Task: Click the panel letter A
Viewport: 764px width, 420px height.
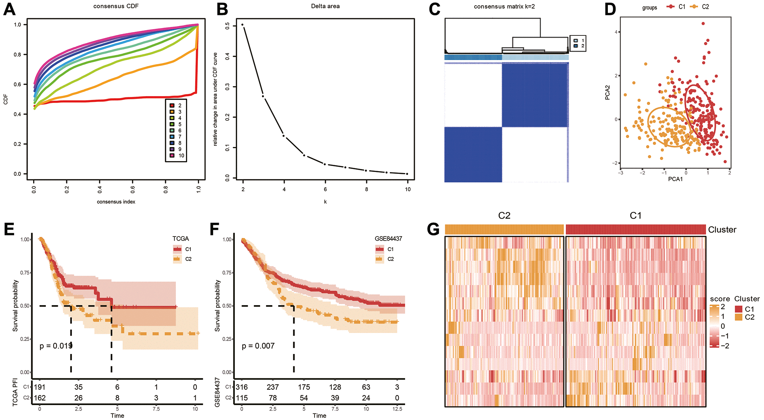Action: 9,9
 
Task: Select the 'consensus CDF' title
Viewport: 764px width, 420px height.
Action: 116,6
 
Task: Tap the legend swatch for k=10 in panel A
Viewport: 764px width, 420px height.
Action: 172,156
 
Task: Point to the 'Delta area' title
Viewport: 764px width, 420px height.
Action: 325,6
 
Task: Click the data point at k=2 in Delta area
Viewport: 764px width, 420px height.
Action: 243,25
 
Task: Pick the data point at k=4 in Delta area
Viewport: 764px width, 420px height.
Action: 284,136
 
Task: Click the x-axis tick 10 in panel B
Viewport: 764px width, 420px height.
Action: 408,189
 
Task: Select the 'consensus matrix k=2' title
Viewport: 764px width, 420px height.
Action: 504,7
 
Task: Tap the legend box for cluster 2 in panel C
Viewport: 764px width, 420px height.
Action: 576,46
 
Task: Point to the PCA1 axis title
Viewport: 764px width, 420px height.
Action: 675,179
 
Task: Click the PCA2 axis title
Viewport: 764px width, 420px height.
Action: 607,93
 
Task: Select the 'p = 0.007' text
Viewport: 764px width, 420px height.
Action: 258,346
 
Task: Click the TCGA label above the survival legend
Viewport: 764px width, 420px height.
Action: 181,239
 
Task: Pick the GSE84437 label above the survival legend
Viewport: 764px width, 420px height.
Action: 388,239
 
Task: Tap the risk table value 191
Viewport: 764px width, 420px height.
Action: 40,387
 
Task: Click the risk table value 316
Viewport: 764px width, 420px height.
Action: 242,387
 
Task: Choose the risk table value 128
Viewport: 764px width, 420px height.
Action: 335,387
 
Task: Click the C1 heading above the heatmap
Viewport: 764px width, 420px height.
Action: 635,216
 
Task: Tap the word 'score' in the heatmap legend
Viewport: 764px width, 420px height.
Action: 720,299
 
